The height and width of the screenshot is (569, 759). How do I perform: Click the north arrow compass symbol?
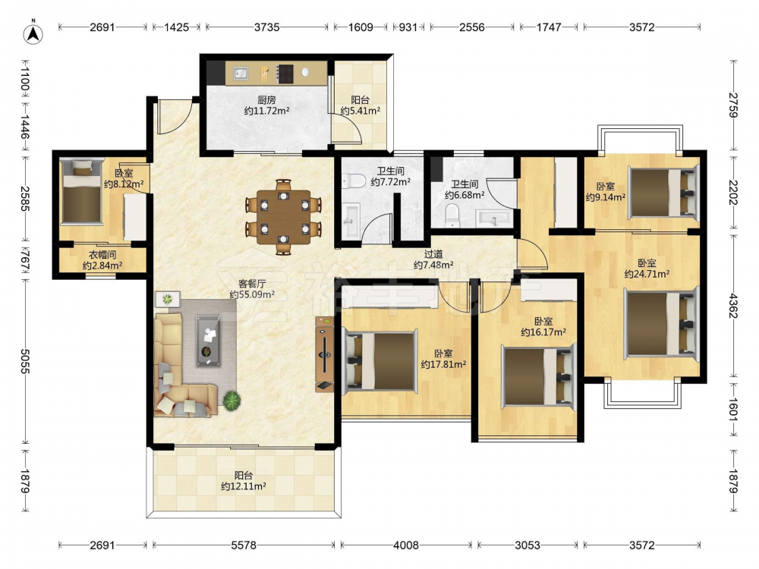(33, 33)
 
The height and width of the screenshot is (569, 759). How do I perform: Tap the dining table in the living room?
(284, 217)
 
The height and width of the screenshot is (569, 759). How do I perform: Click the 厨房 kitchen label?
(266, 100)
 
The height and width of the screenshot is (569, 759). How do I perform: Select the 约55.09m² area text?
(252, 294)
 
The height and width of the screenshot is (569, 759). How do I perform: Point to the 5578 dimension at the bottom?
(243, 545)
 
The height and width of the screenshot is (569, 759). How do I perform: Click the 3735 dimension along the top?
(266, 27)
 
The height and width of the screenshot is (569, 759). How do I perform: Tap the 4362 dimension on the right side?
(732, 306)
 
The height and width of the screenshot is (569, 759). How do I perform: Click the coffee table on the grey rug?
(209, 341)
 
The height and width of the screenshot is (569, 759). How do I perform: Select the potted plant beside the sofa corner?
(231, 400)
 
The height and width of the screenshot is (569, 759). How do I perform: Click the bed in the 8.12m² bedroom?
(81, 192)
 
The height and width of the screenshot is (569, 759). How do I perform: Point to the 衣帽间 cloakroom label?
(102, 254)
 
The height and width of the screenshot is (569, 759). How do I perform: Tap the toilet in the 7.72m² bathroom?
(354, 181)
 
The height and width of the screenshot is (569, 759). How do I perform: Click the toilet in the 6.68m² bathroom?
(452, 215)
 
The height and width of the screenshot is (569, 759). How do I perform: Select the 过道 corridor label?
(433, 253)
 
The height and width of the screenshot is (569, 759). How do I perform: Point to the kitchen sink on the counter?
(241, 73)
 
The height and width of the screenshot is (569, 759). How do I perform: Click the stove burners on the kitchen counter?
(285, 73)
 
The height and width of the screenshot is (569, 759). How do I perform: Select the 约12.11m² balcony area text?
(244, 486)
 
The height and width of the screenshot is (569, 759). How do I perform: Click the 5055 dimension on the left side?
(25, 360)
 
